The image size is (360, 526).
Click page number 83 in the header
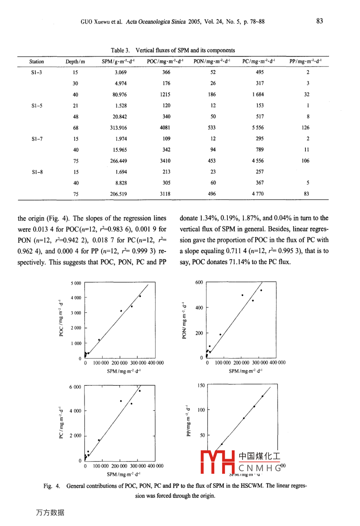click(x=319, y=22)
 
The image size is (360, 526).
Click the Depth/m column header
click(x=75, y=62)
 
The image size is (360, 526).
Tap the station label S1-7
click(x=36, y=139)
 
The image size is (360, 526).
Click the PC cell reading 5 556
click(x=257, y=128)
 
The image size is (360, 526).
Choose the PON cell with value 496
click(x=212, y=194)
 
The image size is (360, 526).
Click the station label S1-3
click(x=36, y=73)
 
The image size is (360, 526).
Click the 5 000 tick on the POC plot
click(x=76, y=283)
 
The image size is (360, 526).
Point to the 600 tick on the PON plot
click(x=199, y=283)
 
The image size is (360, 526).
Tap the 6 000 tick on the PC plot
click(x=75, y=387)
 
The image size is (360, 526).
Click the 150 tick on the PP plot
click(x=201, y=386)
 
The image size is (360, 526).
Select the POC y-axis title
click(x=61, y=318)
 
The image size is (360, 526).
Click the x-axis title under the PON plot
click(x=245, y=371)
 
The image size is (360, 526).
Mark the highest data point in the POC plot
click(x=140, y=296)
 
